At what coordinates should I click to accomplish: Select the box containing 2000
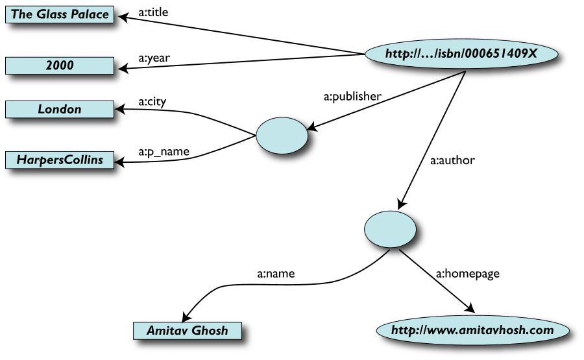click(x=60, y=66)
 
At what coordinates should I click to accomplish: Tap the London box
click(x=60, y=109)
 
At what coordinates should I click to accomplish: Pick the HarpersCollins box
click(x=60, y=160)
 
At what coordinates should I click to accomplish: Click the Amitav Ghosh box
click(x=187, y=330)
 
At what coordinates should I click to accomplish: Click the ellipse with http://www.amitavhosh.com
click(x=472, y=330)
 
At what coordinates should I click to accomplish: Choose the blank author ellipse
click(x=389, y=228)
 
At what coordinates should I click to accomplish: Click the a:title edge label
click(x=154, y=11)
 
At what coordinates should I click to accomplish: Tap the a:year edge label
click(x=154, y=57)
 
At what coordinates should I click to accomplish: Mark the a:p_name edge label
click(x=164, y=152)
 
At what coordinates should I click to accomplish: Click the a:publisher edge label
click(x=352, y=97)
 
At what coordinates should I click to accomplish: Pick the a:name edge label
click(x=276, y=273)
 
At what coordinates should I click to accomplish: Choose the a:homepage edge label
click(x=467, y=273)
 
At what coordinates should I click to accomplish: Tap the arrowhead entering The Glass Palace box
click(x=121, y=16)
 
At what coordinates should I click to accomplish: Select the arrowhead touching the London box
click(x=121, y=110)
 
